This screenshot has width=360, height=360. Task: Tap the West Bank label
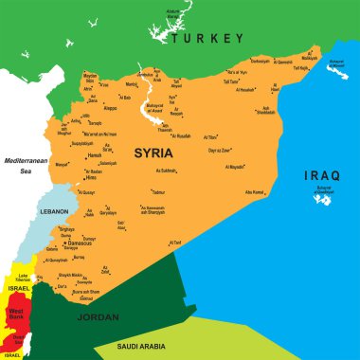[x=17, y=312]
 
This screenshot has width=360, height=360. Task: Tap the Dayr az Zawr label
[x=220, y=151]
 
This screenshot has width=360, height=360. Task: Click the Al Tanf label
[x=174, y=243]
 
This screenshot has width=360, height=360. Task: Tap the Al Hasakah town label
[x=245, y=90]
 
